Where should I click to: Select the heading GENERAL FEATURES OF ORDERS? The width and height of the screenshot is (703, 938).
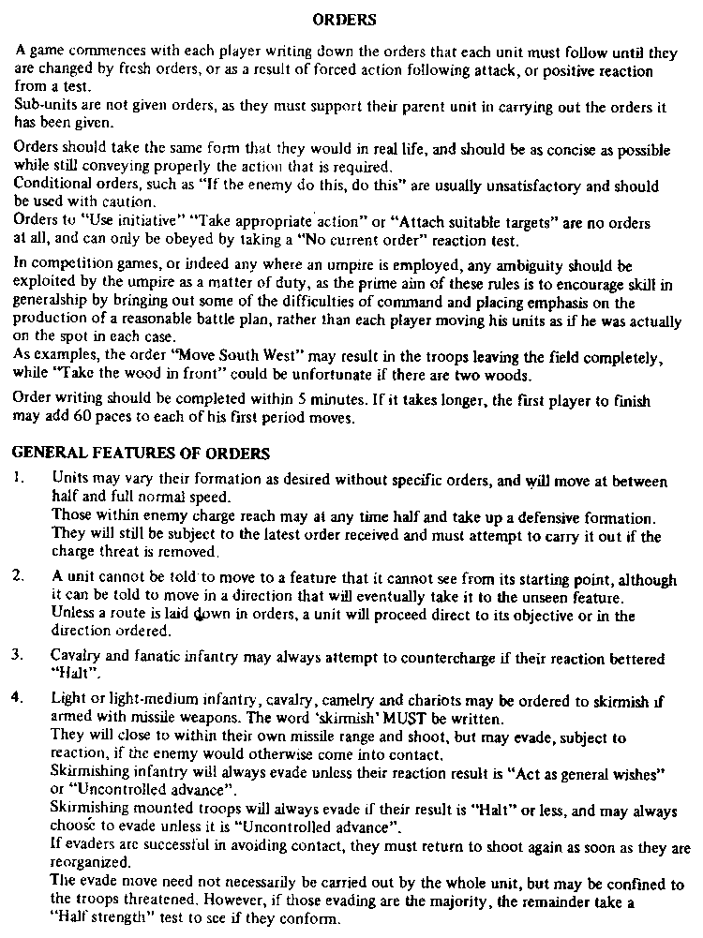tap(141, 454)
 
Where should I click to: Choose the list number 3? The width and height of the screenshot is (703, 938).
tap(18, 652)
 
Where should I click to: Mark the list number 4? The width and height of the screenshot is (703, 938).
tap(18, 698)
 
